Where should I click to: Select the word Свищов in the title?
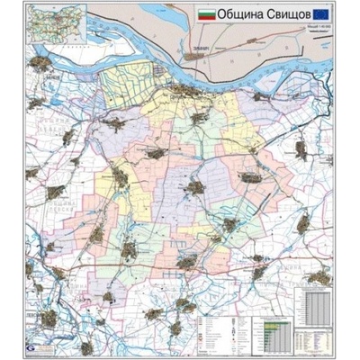point(287,17)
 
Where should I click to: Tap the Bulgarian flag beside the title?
point(207,16)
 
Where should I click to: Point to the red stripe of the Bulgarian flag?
point(207,20)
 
